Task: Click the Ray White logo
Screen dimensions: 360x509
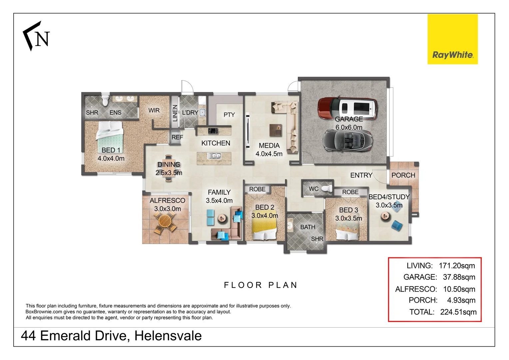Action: coord(452,39)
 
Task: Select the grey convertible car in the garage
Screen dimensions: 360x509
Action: coord(348,140)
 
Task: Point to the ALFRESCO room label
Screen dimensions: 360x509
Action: coord(167,201)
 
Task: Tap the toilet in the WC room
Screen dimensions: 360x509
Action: coord(327,189)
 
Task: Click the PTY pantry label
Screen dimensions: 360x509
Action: coord(229,115)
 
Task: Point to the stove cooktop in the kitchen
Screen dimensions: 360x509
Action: coord(213,131)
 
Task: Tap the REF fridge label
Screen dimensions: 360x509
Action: coord(177,137)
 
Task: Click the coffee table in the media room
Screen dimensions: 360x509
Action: coord(275,130)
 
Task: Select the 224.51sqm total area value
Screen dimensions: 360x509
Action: coord(458,312)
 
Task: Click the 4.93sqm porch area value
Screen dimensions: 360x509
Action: coord(461,300)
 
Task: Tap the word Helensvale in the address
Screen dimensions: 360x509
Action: coord(168,336)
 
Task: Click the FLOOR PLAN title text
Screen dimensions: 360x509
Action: coord(260,285)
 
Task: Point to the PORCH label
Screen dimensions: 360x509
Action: coord(403,175)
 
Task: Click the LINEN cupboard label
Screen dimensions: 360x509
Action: coord(175,113)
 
